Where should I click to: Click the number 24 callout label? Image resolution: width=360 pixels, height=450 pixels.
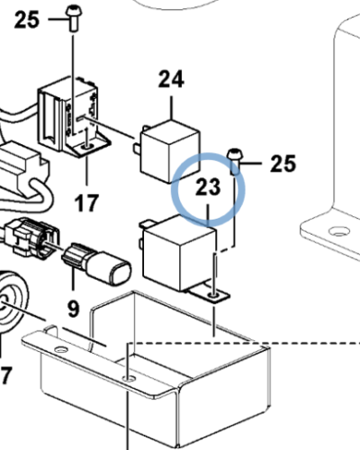[x=171, y=79]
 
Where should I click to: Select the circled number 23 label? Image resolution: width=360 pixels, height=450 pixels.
[x=208, y=187]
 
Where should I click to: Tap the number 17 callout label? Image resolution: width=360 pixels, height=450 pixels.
[x=86, y=203]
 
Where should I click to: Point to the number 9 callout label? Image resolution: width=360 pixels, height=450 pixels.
[x=74, y=309]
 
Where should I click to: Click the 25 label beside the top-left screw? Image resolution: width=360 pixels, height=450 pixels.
[x=27, y=20]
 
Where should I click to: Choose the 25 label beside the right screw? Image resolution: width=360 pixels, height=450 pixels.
[x=283, y=164]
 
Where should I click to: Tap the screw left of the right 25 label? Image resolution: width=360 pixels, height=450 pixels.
[x=234, y=161]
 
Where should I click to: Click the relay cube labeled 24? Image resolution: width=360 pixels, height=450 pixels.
[x=170, y=151]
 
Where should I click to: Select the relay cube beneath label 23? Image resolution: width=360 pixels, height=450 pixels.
[x=179, y=255]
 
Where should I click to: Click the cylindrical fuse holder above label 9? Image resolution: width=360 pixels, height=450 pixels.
[x=96, y=265]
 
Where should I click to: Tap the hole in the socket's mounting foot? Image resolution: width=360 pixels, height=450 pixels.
[x=87, y=147]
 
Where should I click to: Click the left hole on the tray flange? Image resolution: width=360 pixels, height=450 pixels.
[x=61, y=350]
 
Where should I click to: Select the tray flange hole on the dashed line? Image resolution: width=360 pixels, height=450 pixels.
[x=130, y=379]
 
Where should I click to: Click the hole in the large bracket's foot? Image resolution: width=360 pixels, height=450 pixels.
[x=339, y=231]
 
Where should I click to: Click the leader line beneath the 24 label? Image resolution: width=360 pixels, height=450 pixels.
[x=172, y=108]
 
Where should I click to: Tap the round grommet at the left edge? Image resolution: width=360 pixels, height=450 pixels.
[x=12, y=301]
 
